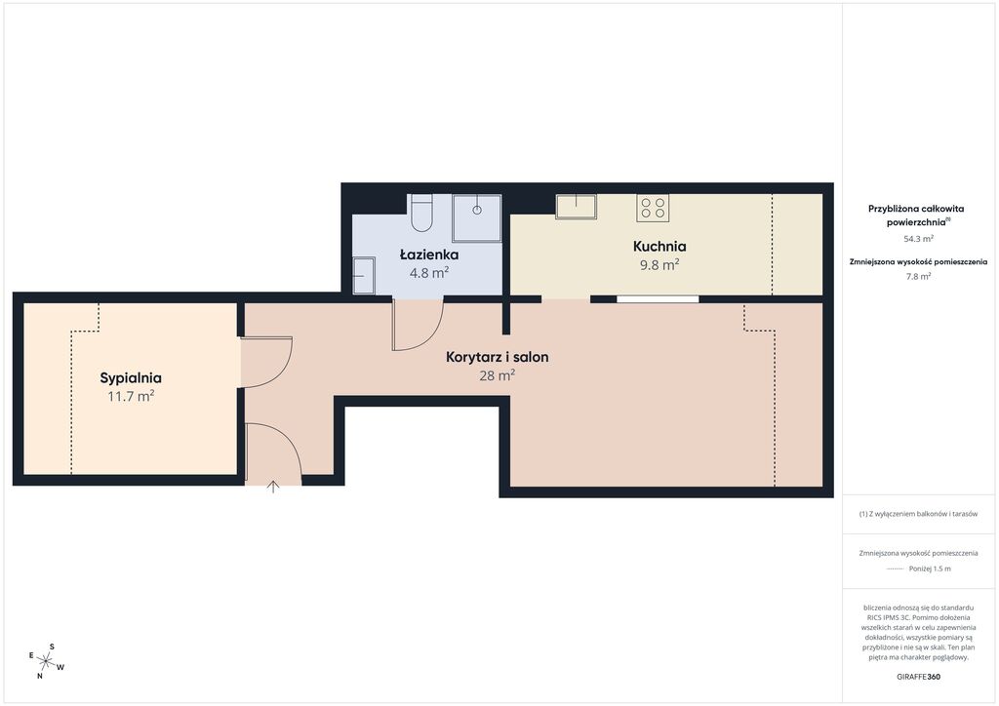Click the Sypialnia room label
131,378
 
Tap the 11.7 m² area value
131,396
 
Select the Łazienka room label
429,255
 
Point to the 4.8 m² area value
429,272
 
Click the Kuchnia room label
659,247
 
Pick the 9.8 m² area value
659,264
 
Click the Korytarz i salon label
497,357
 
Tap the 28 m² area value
497,375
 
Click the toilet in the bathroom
421,213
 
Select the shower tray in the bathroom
476,218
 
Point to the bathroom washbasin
364,276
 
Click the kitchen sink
576,207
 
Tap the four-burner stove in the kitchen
653,208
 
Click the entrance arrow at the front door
273,487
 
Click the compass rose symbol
46,661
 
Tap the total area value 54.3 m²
919,239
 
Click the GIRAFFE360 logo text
919,677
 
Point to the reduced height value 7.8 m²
919,276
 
